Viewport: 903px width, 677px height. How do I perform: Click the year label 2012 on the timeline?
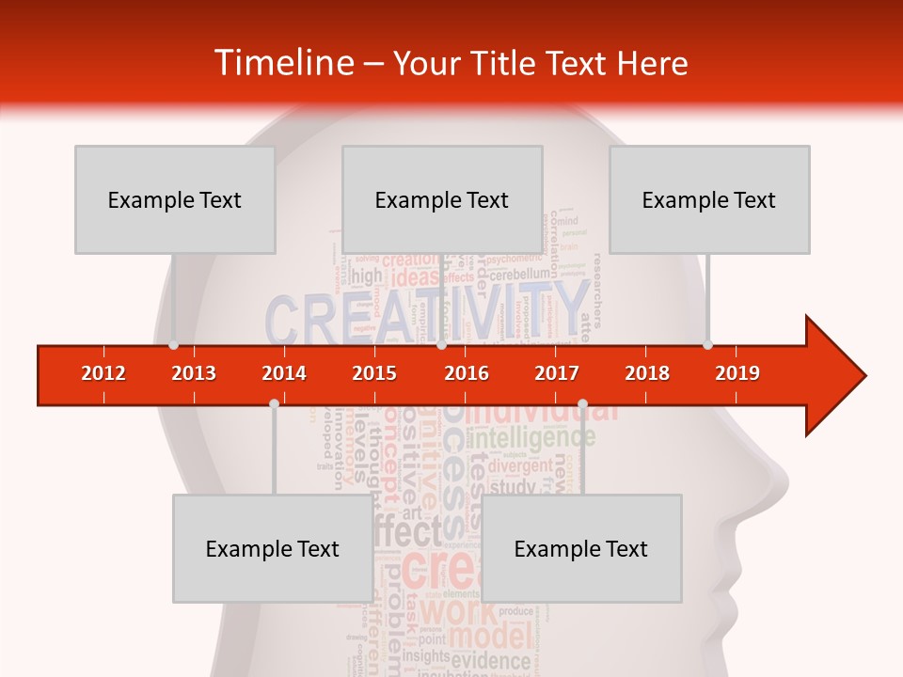(x=103, y=373)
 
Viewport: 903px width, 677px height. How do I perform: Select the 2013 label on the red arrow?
(x=194, y=373)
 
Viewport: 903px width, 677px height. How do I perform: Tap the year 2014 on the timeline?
(x=284, y=373)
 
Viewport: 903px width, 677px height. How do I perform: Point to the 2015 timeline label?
(x=374, y=373)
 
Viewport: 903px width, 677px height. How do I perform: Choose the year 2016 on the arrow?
(x=467, y=373)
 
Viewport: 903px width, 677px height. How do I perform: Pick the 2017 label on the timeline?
(x=557, y=373)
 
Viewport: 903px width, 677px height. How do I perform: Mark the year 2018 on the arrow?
(x=647, y=373)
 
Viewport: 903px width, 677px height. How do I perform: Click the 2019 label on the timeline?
(x=737, y=373)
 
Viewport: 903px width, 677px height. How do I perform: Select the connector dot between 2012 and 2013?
(x=173, y=345)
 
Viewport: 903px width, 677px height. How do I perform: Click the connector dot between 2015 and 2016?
(x=441, y=345)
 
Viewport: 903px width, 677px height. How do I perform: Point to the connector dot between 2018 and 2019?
(x=707, y=345)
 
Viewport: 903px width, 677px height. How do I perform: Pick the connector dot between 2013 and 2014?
(x=274, y=403)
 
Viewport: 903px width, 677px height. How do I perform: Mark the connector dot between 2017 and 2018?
(x=582, y=403)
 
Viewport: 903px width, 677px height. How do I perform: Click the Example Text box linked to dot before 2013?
(x=175, y=199)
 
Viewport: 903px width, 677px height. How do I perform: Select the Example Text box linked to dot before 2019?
(x=709, y=199)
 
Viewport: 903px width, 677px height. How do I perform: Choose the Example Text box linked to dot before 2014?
(x=273, y=548)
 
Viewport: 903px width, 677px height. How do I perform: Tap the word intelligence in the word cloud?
(x=532, y=437)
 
